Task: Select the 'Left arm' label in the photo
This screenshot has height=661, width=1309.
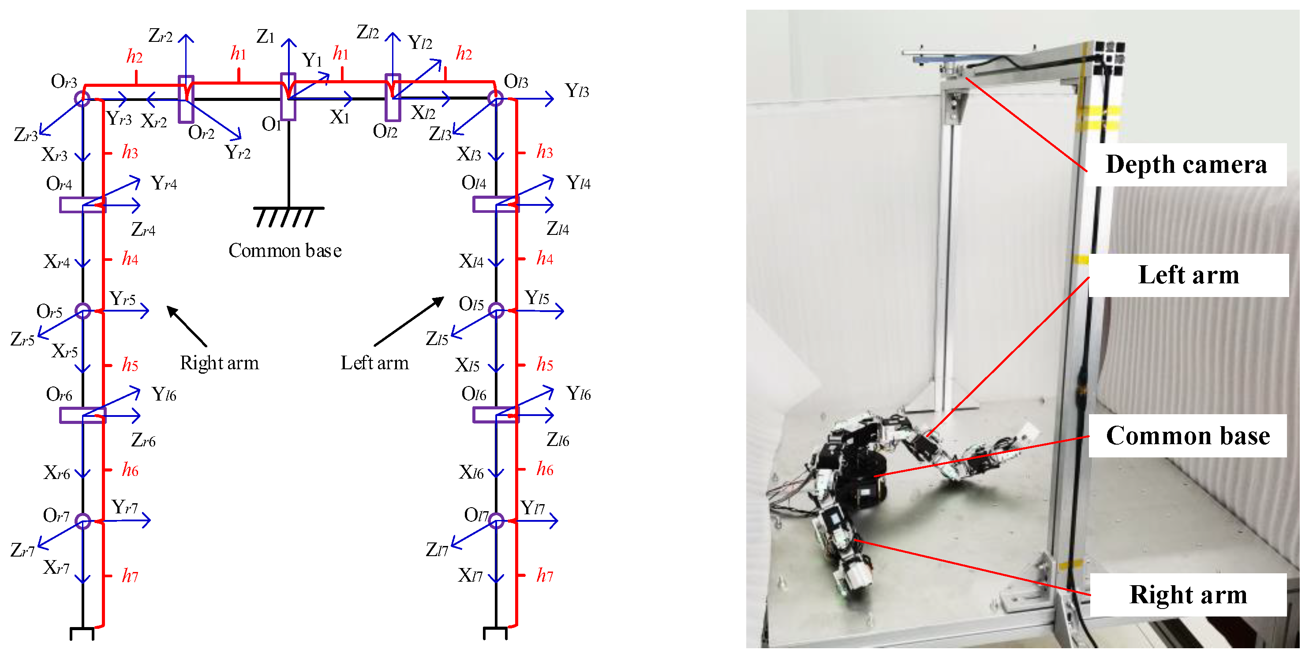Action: point(1188,275)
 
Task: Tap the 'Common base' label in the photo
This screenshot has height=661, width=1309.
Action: point(1188,435)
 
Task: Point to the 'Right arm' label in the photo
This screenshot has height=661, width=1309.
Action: point(1188,594)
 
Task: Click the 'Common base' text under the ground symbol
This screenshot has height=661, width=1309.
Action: point(284,250)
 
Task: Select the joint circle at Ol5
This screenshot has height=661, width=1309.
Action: point(496,310)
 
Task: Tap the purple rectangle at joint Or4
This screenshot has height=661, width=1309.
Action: point(82,204)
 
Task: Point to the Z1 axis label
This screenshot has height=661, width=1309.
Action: point(265,37)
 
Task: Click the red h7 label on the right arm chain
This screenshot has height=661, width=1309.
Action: point(130,576)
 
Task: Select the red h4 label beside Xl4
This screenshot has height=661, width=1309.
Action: point(545,258)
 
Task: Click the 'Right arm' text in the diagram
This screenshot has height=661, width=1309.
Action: point(219,363)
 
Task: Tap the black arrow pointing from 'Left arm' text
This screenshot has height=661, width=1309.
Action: point(409,321)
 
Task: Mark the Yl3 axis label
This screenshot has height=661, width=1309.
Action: point(577,91)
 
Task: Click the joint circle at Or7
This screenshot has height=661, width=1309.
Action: point(83,521)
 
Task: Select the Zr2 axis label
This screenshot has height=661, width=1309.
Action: point(161,36)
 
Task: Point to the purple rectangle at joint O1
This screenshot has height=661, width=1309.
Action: point(288,97)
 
